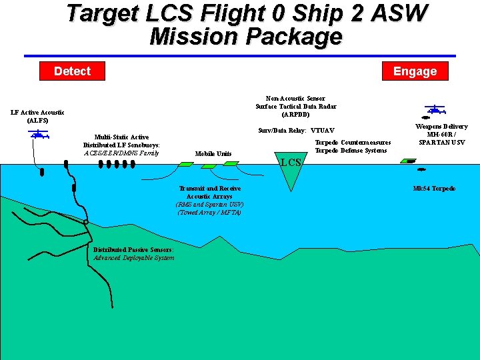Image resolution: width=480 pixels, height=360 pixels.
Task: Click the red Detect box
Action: (x=72, y=71)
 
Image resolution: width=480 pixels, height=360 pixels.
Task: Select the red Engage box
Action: (x=415, y=71)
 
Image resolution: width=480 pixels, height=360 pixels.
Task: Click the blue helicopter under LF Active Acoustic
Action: (x=39, y=134)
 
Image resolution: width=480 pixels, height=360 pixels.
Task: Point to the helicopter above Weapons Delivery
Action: (x=435, y=109)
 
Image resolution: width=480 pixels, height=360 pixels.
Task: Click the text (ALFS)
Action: (x=37, y=121)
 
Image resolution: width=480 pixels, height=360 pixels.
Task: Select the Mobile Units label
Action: (x=213, y=154)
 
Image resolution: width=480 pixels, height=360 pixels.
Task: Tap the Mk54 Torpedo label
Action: (x=434, y=189)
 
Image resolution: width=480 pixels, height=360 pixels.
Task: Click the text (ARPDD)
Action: (x=295, y=114)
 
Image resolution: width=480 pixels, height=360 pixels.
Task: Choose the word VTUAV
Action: (x=323, y=130)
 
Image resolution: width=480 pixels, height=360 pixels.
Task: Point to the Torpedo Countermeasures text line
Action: (x=352, y=143)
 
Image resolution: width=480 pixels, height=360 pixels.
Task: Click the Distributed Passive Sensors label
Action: (x=133, y=250)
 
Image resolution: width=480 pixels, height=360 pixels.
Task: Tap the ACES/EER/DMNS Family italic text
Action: (x=121, y=153)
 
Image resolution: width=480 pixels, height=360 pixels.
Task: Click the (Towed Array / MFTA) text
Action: (x=209, y=213)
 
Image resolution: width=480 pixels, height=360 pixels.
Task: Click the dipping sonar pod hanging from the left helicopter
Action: (x=42, y=172)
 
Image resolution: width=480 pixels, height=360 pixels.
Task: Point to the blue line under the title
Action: (x=240, y=56)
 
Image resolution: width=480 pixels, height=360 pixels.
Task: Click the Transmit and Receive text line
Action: (x=209, y=189)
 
